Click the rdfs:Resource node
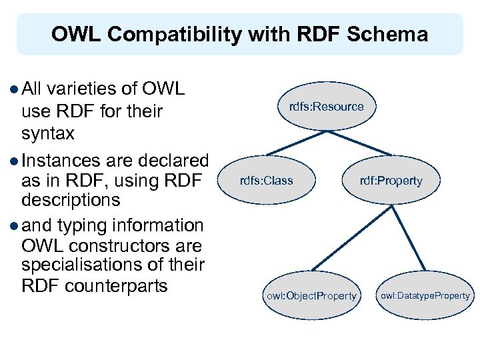(x=326, y=107)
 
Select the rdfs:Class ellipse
(x=267, y=181)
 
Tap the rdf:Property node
(x=391, y=181)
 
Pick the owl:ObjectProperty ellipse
(x=311, y=295)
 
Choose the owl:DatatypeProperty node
(x=425, y=295)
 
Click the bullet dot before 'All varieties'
(x=15, y=89)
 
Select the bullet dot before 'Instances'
(x=15, y=161)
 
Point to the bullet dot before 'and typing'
(x=15, y=225)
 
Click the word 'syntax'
(x=48, y=133)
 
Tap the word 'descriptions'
(x=71, y=199)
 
